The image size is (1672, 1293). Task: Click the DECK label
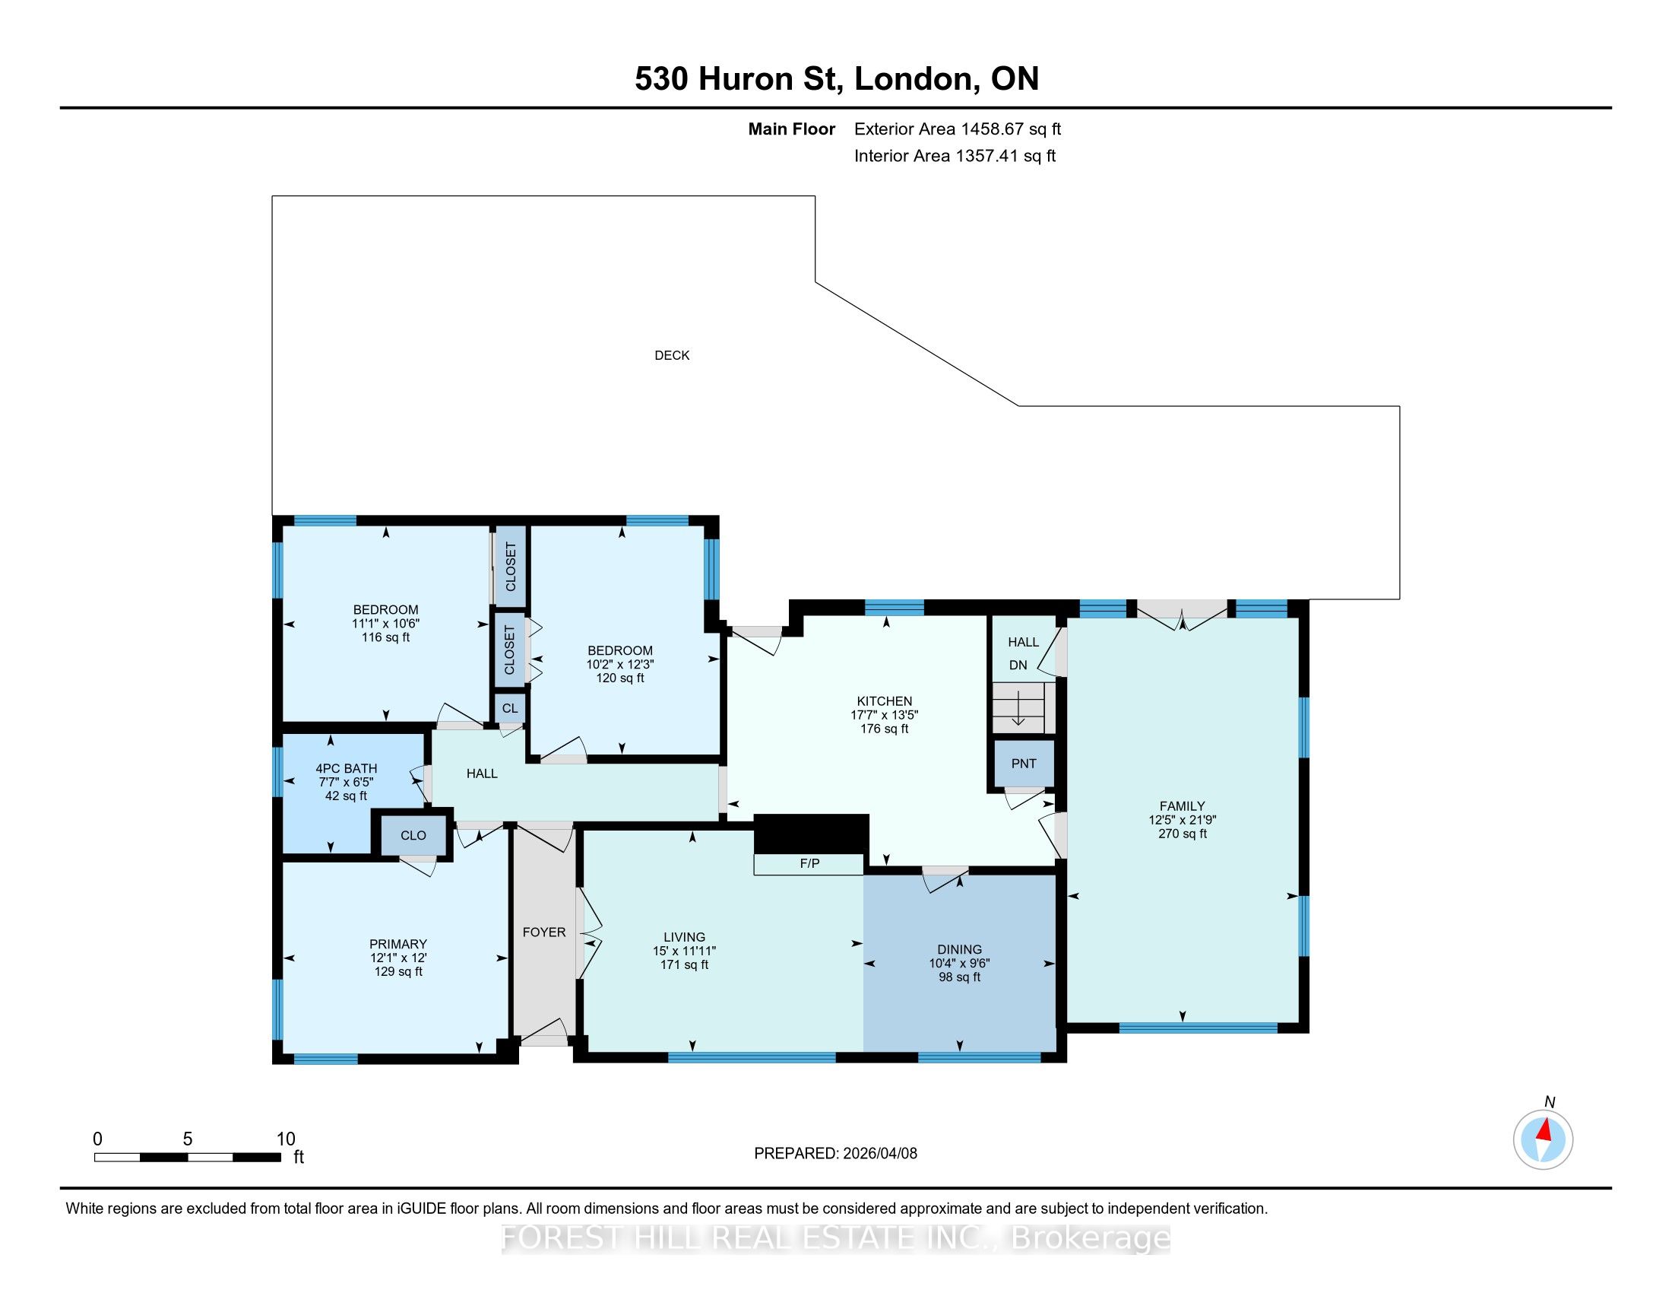671,355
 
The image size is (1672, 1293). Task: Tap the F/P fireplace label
809,863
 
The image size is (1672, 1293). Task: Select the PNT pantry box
1024,764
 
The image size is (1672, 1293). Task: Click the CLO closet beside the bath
413,835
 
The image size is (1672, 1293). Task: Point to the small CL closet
510,709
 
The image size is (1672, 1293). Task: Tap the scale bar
188,1158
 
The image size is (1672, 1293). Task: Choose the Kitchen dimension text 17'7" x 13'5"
884,715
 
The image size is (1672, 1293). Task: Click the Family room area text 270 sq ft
1182,834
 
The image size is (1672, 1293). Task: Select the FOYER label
544,932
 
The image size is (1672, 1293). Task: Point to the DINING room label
959,949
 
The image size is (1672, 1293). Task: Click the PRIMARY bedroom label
398,944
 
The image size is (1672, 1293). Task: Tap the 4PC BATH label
346,768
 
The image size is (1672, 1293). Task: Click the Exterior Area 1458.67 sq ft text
958,129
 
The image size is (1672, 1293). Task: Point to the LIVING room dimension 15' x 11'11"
685,951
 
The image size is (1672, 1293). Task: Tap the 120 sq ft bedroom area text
620,678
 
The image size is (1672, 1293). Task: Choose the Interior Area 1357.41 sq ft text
955,156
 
